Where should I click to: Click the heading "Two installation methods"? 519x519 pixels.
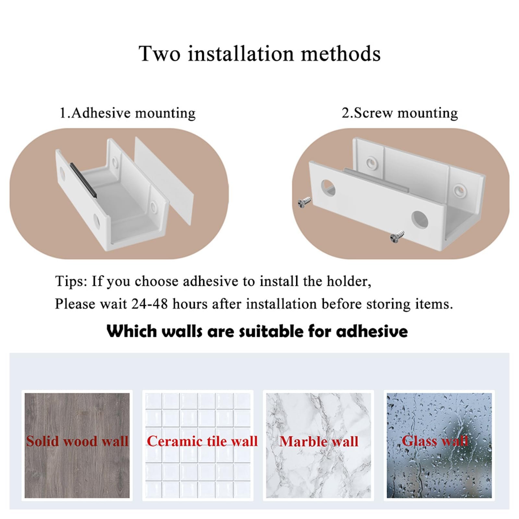click(259, 54)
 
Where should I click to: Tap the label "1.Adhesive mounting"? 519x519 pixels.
click(127, 113)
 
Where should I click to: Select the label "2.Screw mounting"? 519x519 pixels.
click(400, 113)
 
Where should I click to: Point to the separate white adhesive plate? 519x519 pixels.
click(164, 181)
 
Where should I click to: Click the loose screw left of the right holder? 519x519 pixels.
click(304, 202)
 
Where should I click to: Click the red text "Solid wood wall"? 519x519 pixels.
click(77, 441)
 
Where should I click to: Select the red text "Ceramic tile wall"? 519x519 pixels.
click(202, 441)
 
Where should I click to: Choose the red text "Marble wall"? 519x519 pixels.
click(319, 441)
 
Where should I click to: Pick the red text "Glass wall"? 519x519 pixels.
click(435, 441)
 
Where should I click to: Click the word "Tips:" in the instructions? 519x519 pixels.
click(71, 281)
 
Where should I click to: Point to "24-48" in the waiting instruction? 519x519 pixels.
click(150, 304)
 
